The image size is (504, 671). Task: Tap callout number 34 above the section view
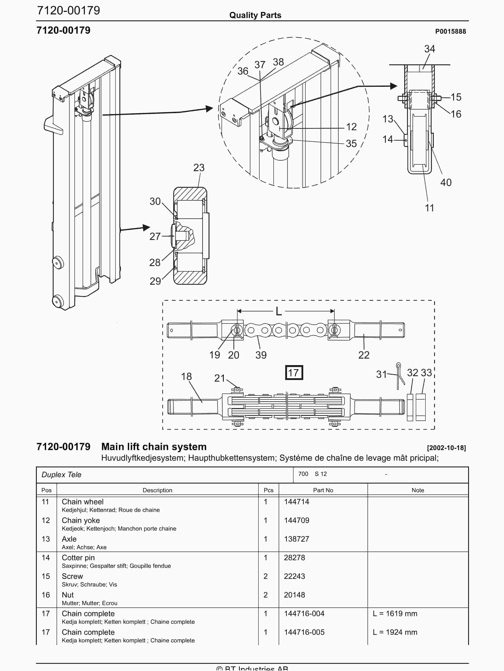tap(429, 49)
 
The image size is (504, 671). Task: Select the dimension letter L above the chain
tap(279, 311)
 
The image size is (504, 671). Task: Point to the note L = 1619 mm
tap(395, 614)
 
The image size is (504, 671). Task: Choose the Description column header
tap(157, 490)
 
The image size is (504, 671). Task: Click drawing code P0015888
tap(450, 32)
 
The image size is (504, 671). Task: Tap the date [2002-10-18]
tap(446, 448)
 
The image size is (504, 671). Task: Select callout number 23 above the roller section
tap(199, 168)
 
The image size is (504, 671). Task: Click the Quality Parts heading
tap(255, 15)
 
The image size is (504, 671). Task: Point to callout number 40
tap(446, 182)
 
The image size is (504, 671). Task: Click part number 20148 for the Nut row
tap(294, 595)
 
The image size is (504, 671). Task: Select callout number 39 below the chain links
tap(261, 355)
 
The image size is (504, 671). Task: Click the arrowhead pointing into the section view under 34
tap(393, 86)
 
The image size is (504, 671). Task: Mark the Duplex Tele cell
tap(62, 475)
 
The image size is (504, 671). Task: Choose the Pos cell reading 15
tap(46, 576)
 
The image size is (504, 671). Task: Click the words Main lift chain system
tap(154, 447)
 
